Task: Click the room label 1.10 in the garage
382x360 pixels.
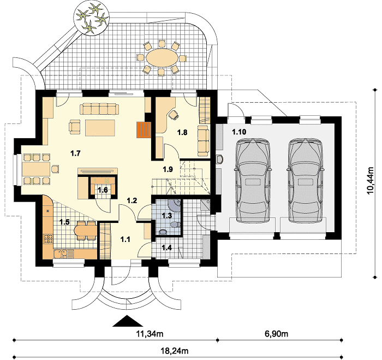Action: click(239, 132)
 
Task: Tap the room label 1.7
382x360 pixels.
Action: click(75, 154)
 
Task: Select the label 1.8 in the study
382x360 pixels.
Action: click(182, 132)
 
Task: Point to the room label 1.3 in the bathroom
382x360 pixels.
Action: click(167, 216)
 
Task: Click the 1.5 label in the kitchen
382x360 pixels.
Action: click(64, 222)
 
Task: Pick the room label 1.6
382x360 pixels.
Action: click(103, 190)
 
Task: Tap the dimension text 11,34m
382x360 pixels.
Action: click(150, 333)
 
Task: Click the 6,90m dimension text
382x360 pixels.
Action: click(276, 333)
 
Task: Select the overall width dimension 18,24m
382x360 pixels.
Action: click(174, 351)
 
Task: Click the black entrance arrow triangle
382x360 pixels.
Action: click(127, 321)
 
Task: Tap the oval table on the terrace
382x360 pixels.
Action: click(162, 57)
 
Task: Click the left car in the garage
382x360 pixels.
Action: click(253, 181)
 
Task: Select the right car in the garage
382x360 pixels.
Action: click(306, 181)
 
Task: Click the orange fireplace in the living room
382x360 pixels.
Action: click(144, 130)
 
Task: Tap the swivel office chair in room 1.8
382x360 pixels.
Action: click(174, 114)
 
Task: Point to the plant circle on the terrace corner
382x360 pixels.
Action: click(91, 19)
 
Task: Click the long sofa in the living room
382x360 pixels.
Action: click(99, 109)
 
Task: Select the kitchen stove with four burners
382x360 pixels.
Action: click(48, 238)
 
